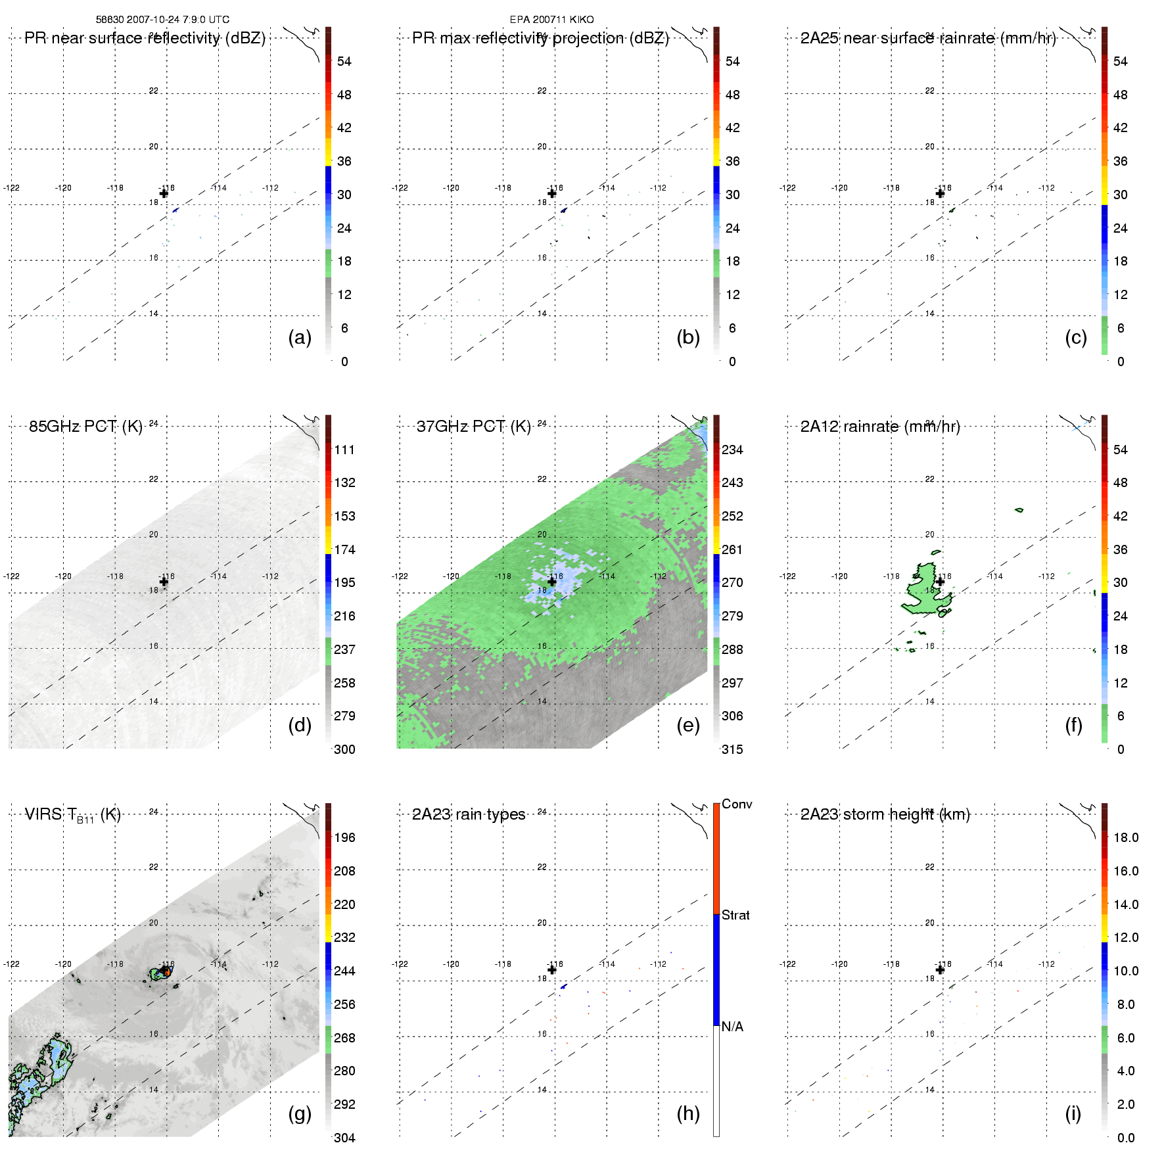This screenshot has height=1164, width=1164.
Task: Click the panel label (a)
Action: point(300,338)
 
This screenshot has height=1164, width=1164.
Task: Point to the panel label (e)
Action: point(688,726)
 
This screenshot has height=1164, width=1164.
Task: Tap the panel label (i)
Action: point(1073,1113)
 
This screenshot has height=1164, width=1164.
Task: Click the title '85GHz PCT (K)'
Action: point(85,427)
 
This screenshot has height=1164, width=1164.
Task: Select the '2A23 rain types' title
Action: point(469,814)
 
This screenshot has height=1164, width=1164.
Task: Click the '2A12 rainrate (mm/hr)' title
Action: point(880,427)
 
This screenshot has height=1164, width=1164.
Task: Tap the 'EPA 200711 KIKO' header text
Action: point(551,20)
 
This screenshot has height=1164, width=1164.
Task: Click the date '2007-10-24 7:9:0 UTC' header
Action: point(178,20)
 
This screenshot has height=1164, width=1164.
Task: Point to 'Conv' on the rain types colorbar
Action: point(737,804)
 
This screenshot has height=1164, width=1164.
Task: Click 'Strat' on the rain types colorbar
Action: point(735,916)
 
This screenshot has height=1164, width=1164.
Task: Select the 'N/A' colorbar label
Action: point(732,1027)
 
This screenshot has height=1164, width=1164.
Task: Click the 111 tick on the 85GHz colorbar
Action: point(344,450)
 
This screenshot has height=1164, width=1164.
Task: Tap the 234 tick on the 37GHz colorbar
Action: point(732,450)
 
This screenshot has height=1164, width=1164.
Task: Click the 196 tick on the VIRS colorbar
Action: point(344,838)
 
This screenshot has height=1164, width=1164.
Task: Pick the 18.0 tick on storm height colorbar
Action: point(1126,838)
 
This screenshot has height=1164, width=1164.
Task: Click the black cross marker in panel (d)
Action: point(164,582)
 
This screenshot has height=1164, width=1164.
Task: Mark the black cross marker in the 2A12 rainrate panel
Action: point(940,582)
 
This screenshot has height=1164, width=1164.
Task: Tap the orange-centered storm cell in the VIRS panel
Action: point(166,971)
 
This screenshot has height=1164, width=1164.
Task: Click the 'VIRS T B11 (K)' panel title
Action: point(72,815)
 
